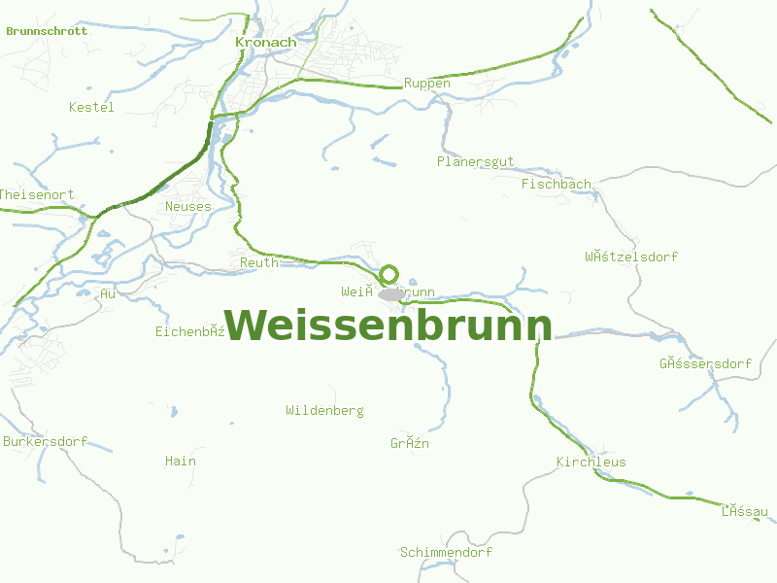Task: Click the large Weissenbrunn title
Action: click(388, 325)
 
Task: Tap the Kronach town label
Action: click(265, 43)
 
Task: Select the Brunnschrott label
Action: click(47, 31)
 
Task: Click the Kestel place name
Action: click(91, 107)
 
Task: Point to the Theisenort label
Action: click(37, 194)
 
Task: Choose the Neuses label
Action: click(187, 206)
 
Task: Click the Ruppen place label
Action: click(427, 84)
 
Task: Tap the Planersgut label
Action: click(475, 161)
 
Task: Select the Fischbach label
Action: click(556, 184)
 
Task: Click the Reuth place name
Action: click(258, 262)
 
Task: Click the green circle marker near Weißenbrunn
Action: click(389, 274)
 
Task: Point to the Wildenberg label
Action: click(324, 411)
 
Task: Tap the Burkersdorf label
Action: click(45, 441)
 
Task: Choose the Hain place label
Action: click(180, 461)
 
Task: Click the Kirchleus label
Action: click(591, 463)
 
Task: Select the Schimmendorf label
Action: click(446, 553)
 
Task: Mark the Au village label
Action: click(107, 293)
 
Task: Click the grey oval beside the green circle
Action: click(392, 293)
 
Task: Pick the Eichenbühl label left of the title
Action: click(190, 331)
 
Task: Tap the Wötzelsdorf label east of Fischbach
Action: click(630, 257)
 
